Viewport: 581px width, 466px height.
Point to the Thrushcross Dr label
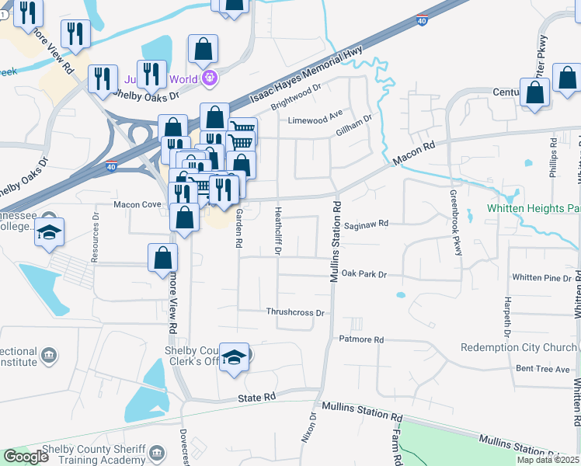[294, 312]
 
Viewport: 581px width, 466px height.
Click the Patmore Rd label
[361, 339]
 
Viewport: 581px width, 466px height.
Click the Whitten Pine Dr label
[541, 277]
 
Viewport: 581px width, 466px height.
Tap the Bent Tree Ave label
[543, 369]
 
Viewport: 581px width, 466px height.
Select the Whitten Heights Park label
[534, 208]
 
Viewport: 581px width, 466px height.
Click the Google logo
[26, 457]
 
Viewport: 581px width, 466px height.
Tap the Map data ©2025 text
[548, 460]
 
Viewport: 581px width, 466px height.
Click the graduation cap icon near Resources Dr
[49, 233]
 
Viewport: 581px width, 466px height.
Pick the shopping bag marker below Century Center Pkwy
[535, 92]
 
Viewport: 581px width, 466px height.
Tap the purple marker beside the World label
[208, 78]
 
